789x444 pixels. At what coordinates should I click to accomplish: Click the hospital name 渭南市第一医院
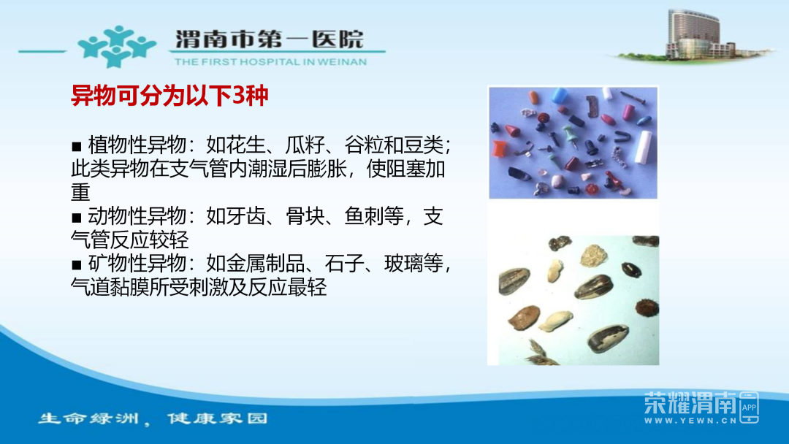pos(269,39)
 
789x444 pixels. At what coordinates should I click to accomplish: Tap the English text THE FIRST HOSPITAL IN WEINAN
pos(271,62)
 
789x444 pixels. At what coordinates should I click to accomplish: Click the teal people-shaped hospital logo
pos(116,47)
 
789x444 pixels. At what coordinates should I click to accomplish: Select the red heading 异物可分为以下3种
pos(169,96)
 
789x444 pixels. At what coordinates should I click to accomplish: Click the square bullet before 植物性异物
pos(77,146)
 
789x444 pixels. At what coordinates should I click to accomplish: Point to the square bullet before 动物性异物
pos(77,218)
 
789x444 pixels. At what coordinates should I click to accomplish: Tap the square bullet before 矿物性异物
pos(77,264)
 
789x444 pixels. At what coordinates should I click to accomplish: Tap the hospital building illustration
pos(695,35)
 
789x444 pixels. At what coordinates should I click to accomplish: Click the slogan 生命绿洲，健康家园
pos(153,418)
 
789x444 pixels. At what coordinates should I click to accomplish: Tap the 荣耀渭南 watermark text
pos(690,402)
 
